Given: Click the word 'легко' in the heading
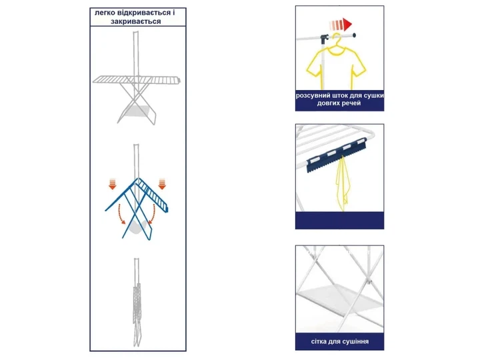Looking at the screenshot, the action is [x=105, y=13].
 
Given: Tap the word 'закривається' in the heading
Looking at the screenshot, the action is [x=135, y=21].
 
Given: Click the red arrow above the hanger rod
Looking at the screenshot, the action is [x=341, y=24].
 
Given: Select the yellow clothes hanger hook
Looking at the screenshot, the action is [x=337, y=38].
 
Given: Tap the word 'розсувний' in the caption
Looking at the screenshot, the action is [x=309, y=95].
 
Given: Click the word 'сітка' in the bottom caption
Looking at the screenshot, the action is [x=319, y=341].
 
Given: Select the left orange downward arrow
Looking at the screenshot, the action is [x=113, y=184].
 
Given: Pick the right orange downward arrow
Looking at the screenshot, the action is [x=162, y=184].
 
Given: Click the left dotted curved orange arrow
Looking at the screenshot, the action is [x=121, y=214].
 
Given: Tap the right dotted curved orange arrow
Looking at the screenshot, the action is [x=153, y=214].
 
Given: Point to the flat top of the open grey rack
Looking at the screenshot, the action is [x=137, y=79].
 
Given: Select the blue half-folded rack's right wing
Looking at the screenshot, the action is [x=154, y=195].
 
